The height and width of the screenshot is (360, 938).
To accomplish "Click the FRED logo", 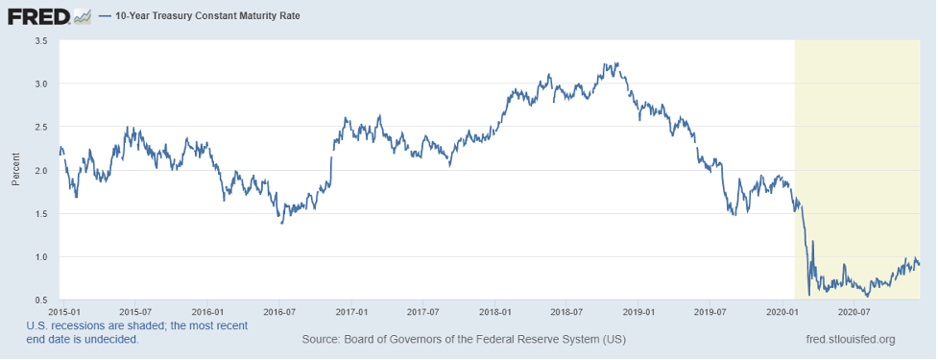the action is click(x=49, y=16).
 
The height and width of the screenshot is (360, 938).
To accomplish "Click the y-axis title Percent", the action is click(x=15, y=170).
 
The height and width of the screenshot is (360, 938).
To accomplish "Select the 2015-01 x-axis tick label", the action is click(x=63, y=312).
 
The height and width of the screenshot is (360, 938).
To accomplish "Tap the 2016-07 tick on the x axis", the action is click(x=278, y=312).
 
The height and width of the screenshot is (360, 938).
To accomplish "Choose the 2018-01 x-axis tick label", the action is click(x=494, y=312).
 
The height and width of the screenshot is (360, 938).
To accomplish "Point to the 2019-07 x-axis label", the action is click(x=710, y=312).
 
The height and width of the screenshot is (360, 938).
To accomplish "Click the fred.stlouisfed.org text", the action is click(x=852, y=340).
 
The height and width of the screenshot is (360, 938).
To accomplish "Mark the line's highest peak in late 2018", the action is click(x=616, y=62).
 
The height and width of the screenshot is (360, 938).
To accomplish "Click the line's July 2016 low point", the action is click(x=281, y=223).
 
